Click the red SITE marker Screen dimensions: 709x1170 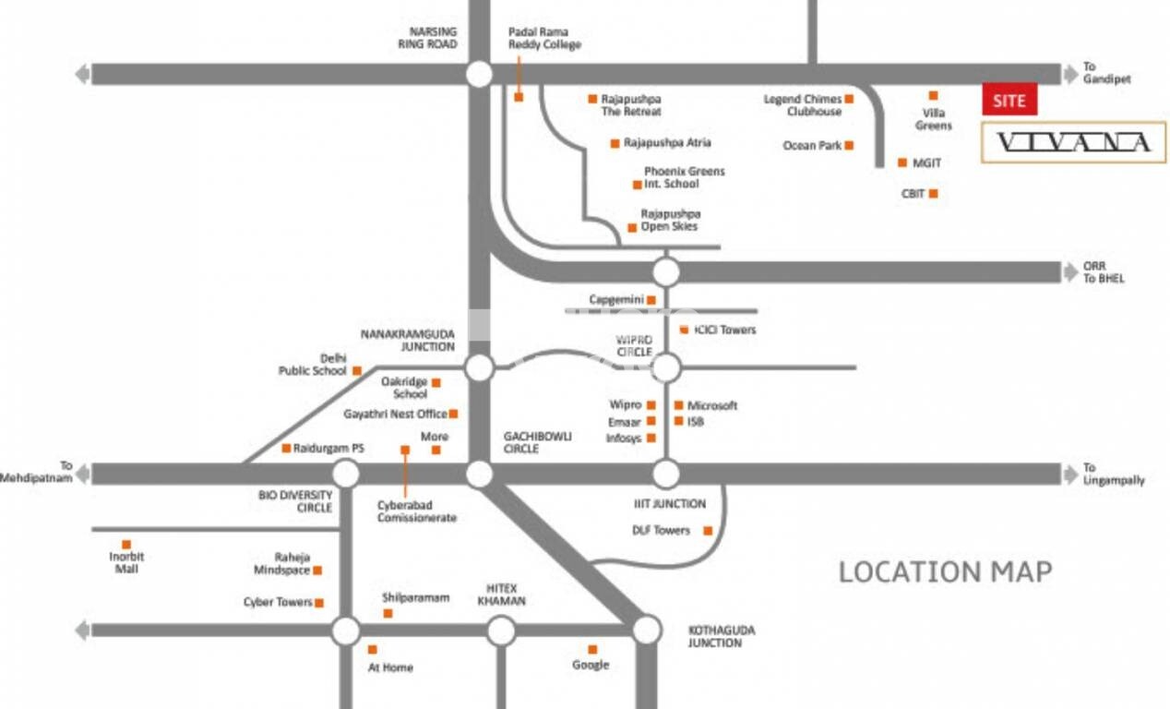coord(1009,100)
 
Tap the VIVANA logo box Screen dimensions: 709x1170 coord(1072,142)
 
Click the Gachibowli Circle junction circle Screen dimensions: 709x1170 coord(479,475)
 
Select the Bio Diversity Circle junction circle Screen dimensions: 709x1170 coord(345,475)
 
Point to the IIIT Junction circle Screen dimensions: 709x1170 coord(665,475)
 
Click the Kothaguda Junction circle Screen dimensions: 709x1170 coord(647,630)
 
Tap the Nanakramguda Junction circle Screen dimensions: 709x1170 coord(479,367)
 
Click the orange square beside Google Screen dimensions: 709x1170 coord(592,649)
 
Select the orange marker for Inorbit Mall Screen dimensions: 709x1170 coord(126,545)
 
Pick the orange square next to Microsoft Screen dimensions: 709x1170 coord(679,405)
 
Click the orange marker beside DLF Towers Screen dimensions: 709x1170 coord(708,530)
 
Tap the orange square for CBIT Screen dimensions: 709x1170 coord(934,194)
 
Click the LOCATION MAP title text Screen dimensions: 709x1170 coord(945,571)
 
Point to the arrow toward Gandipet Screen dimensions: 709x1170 coord(1070,74)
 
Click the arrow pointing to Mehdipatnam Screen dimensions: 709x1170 coord(83,475)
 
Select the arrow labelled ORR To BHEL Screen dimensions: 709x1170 coord(1070,272)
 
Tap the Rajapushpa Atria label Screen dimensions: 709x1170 coord(667,143)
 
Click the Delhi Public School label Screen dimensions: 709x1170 coord(313,365)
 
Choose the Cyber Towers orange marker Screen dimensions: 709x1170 coord(319,603)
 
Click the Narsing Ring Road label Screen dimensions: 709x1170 coord(427,38)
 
